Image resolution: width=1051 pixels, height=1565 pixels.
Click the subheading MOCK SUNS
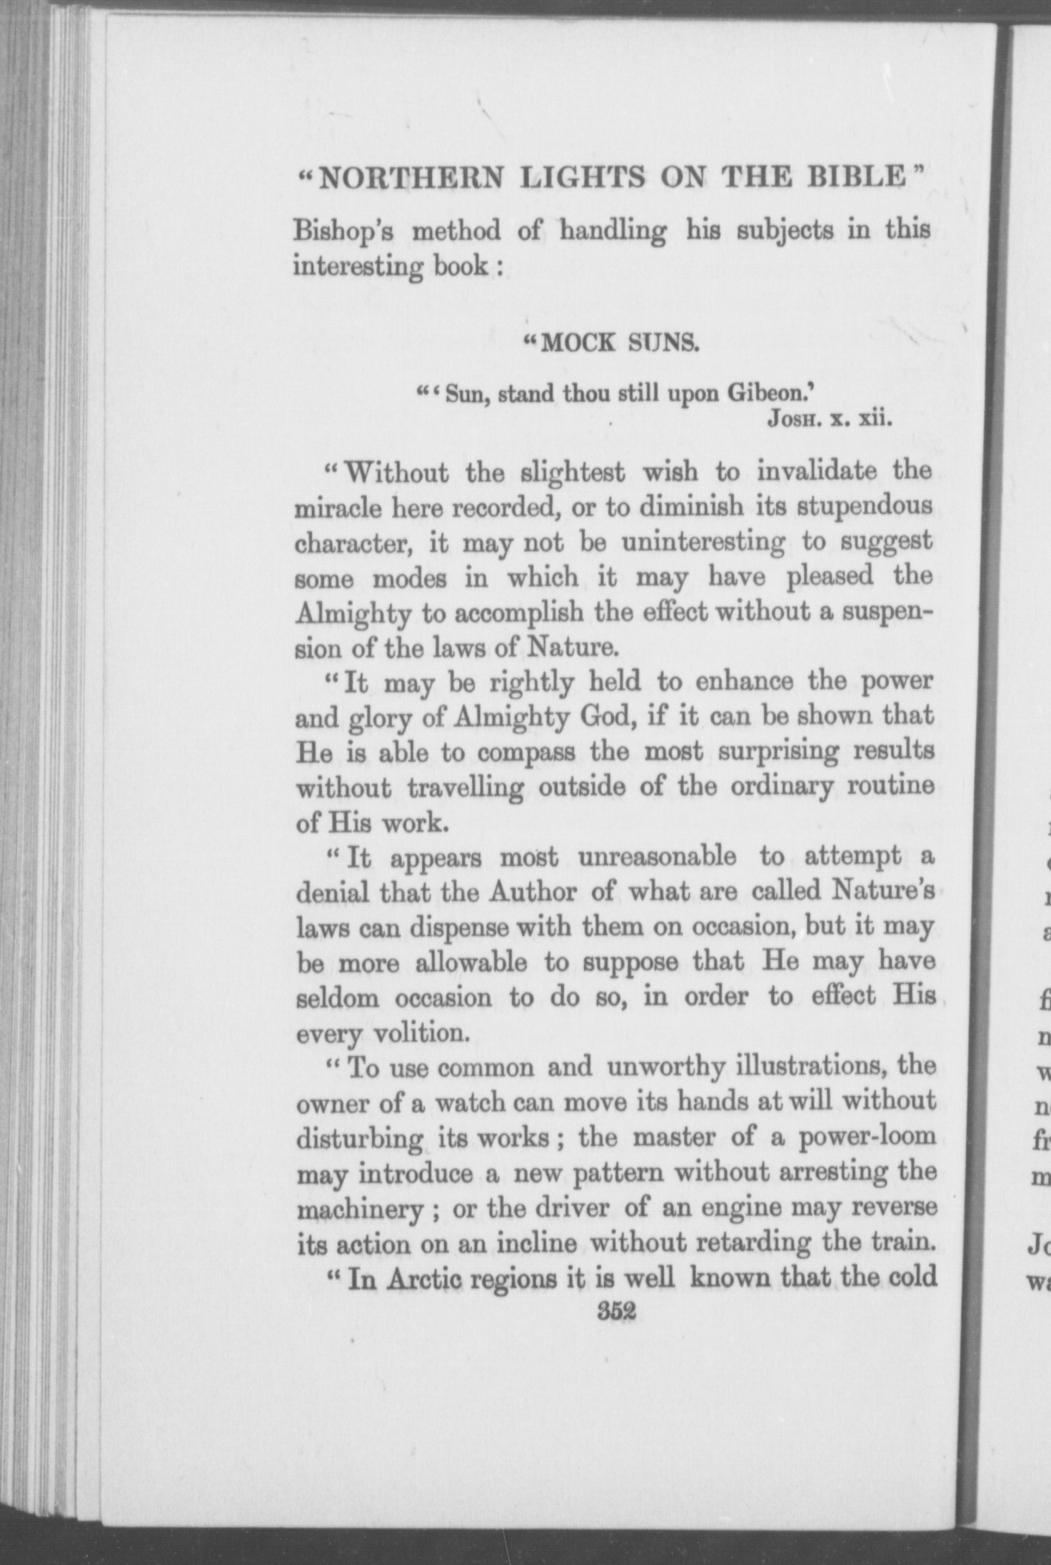(618, 344)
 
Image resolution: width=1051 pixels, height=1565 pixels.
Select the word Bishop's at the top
(347, 233)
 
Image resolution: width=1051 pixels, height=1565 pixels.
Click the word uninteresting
(703, 541)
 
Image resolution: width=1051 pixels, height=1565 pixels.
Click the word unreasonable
(657, 856)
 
